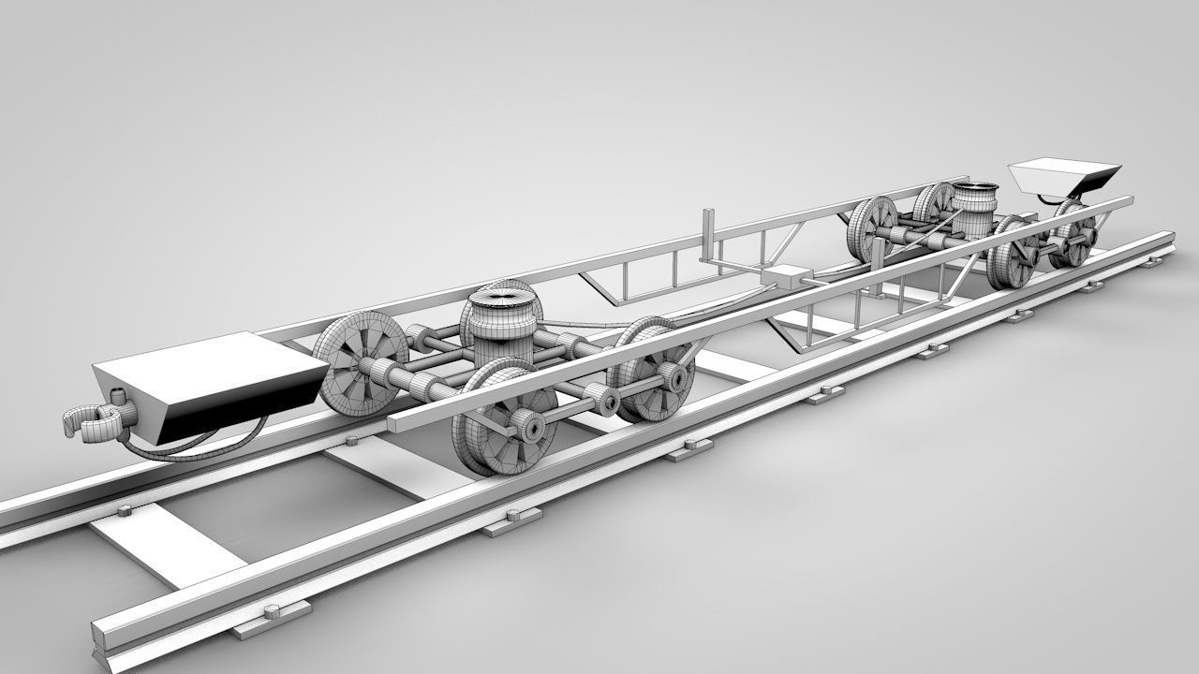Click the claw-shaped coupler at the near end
tap(94, 421)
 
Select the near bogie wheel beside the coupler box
tap(361, 360)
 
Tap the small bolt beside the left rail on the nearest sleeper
tap(123, 511)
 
